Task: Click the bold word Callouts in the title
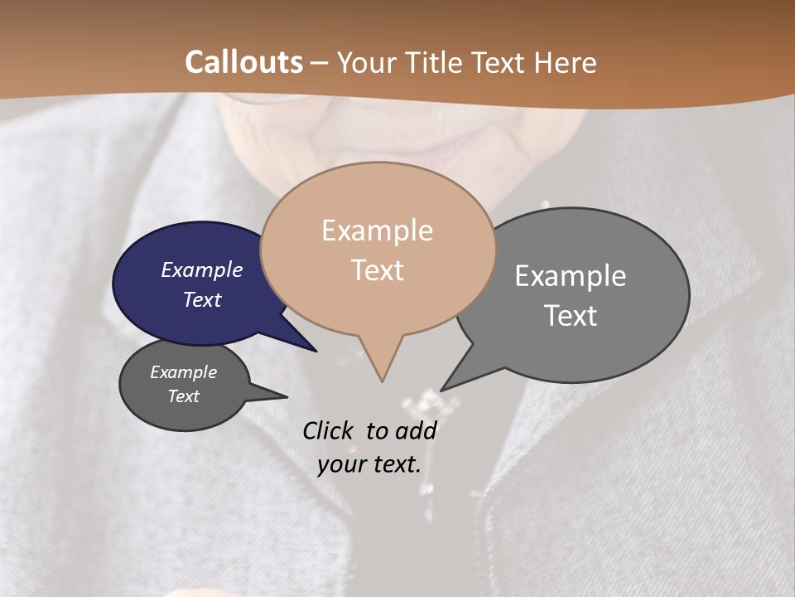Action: [243, 62]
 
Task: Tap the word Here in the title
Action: [566, 62]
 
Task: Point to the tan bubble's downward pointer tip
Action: [382, 380]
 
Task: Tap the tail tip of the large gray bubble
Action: [444, 389]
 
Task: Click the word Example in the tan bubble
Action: [378, 231]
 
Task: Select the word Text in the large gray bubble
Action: [571, 315]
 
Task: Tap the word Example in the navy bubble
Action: [201, 269]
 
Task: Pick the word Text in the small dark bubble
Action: [184, 396]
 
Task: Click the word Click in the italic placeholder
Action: [329, 430]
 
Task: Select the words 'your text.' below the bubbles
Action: [369, 464]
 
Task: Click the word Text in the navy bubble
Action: [202, 299]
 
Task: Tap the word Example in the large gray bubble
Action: [571, 275]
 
